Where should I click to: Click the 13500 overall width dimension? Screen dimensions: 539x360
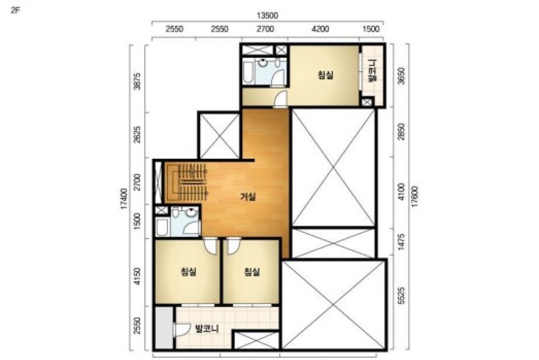(267, 16)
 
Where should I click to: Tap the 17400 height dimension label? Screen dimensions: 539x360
(124, 198)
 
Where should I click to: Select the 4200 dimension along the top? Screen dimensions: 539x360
(320, 29)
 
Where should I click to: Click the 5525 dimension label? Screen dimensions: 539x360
(401, 296)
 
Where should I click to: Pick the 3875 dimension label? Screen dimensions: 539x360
(137, 81)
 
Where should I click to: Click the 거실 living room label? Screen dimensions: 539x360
(248, 197)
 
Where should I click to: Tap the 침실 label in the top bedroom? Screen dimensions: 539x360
(325, 74)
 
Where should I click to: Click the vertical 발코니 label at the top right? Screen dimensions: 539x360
(372, 71)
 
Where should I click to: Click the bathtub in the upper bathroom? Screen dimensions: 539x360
(248, 71)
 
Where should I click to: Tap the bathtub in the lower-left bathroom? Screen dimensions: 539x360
(162, 227)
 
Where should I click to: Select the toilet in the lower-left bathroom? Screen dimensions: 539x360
(175, 214)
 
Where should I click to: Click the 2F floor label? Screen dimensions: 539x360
(16, 10)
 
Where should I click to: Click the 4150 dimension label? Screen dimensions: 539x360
(137, 276)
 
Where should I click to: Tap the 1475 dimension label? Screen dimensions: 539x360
(401, 242)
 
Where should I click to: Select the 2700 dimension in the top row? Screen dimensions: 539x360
(266, 29)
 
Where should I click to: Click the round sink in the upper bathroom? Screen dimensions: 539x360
(263, 63)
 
